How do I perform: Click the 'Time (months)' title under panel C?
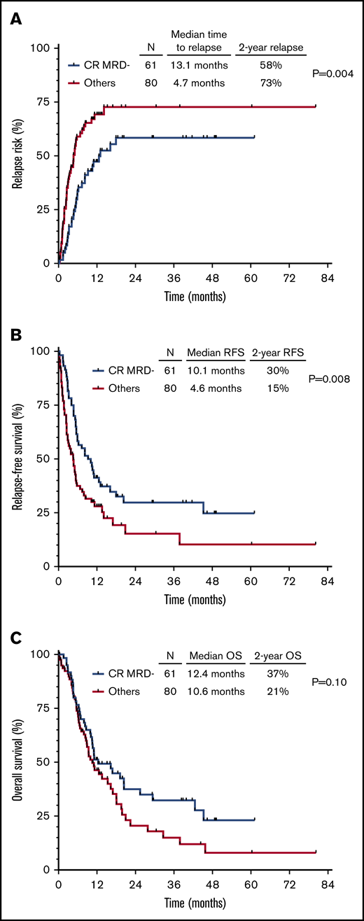(195, 904)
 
